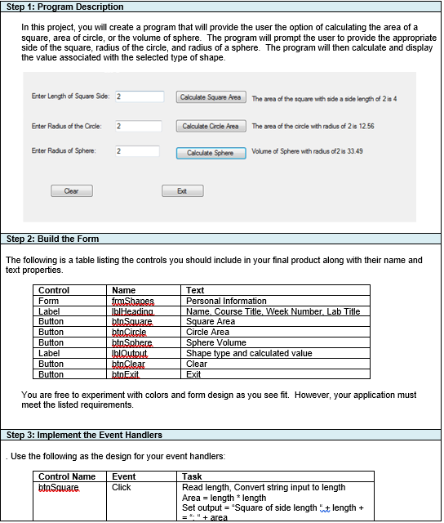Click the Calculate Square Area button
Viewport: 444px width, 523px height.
[211, 97]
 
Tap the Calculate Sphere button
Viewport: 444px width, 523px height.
[211, 153]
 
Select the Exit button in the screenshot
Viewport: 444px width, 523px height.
[184, 190]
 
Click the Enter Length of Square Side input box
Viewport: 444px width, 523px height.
[139, 97]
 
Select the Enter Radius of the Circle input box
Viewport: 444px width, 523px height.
[139, 126]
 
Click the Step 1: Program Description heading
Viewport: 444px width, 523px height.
[65, 7]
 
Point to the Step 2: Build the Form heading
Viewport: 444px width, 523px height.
[53, 239]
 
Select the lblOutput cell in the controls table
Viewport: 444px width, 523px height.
[129, 354]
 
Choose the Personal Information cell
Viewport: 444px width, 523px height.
[226, 302]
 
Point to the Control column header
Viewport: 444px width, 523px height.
[54, 291]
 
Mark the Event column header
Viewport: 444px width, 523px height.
[123, 476]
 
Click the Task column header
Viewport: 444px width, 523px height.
[192, 476]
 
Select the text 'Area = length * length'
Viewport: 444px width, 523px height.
[224, 498]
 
